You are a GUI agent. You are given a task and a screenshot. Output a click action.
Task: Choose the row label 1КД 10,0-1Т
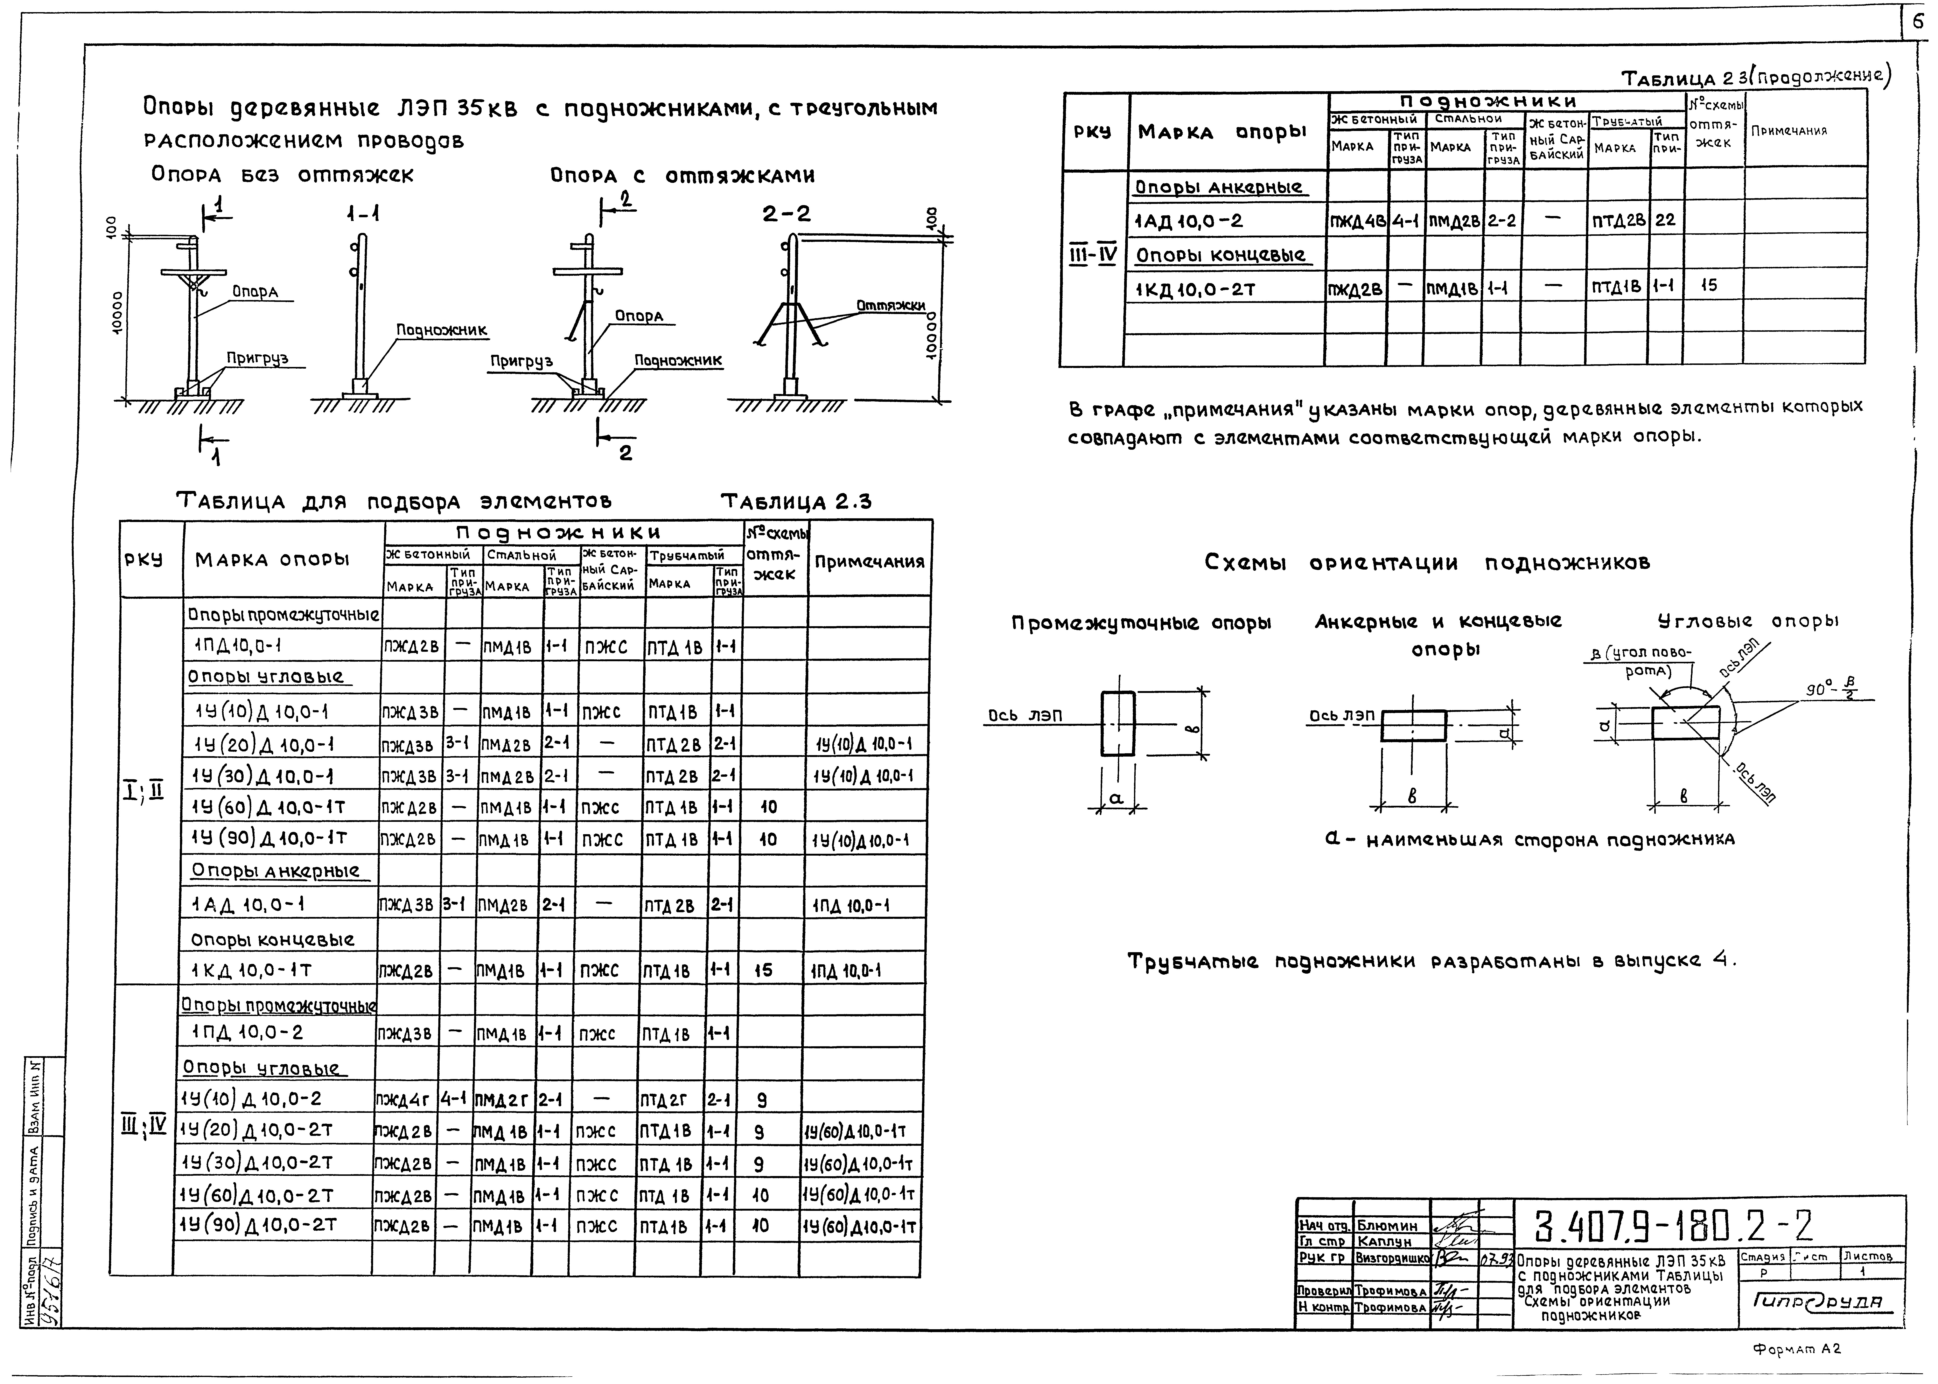(x=252, y=970)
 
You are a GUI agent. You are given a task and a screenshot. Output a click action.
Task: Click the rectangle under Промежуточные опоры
(x=1118, y=723)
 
